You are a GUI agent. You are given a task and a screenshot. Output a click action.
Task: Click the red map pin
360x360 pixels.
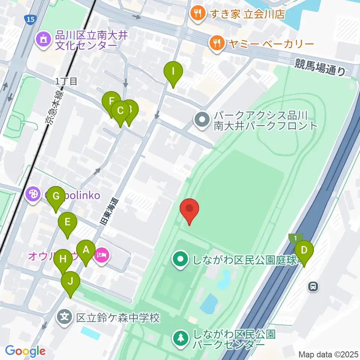coord(189,209)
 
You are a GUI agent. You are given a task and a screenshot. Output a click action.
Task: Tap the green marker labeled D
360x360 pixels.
coord(304,250)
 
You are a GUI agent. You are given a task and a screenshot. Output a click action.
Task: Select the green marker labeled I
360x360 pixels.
coord(173,72)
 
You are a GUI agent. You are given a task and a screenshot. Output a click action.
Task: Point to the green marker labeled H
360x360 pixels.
coord(63,259)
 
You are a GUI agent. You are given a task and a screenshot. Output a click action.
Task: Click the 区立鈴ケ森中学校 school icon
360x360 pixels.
coord(65,318)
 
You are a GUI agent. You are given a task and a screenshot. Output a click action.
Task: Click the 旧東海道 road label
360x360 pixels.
coord(109,211)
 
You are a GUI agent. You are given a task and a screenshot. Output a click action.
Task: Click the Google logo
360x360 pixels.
coord(25,351)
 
